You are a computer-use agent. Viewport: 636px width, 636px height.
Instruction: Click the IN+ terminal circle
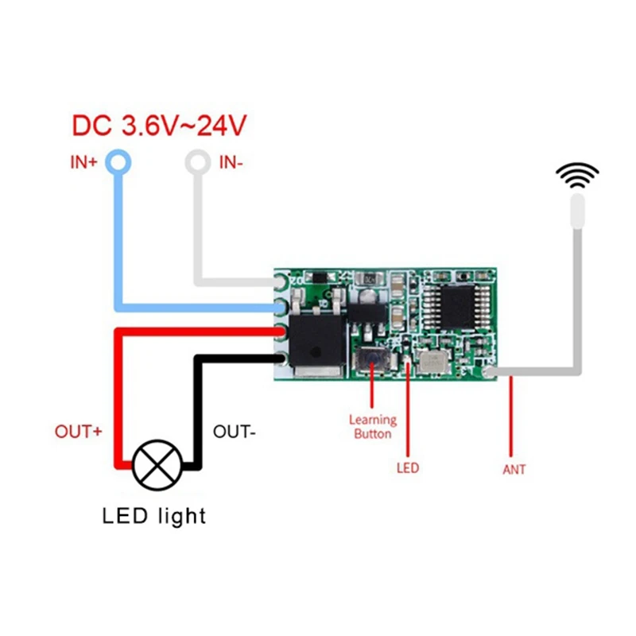pyautogui.click(x=118, y=162)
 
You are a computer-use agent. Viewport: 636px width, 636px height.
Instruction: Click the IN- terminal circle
pyautogui.click(x=196, y=162)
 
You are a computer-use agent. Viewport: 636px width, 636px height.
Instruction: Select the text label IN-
pyautogui.click(x=231, y=163)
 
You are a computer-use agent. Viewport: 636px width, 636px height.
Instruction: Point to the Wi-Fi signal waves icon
pyautogui.click(x=576, y=175)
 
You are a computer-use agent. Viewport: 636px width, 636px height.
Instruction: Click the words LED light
pyautogui.click(x=154, y=516)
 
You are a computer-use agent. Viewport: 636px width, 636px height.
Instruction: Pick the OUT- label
pyautogui.click(x=234, y=432)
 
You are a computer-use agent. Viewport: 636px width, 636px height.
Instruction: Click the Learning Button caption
pyautogui.click(x=372, y=427)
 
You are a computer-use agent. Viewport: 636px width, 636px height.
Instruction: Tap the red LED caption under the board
pyautogui.click(x=408, y=468)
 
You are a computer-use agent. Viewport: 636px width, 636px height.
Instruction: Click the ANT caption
pyautogui.click(x=514, y=469)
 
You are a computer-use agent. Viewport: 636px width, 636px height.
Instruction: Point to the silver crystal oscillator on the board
pyautogui.click(x=433, y=363)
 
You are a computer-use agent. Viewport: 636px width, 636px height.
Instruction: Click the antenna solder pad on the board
pyautogui.click(x=489, y=371)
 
